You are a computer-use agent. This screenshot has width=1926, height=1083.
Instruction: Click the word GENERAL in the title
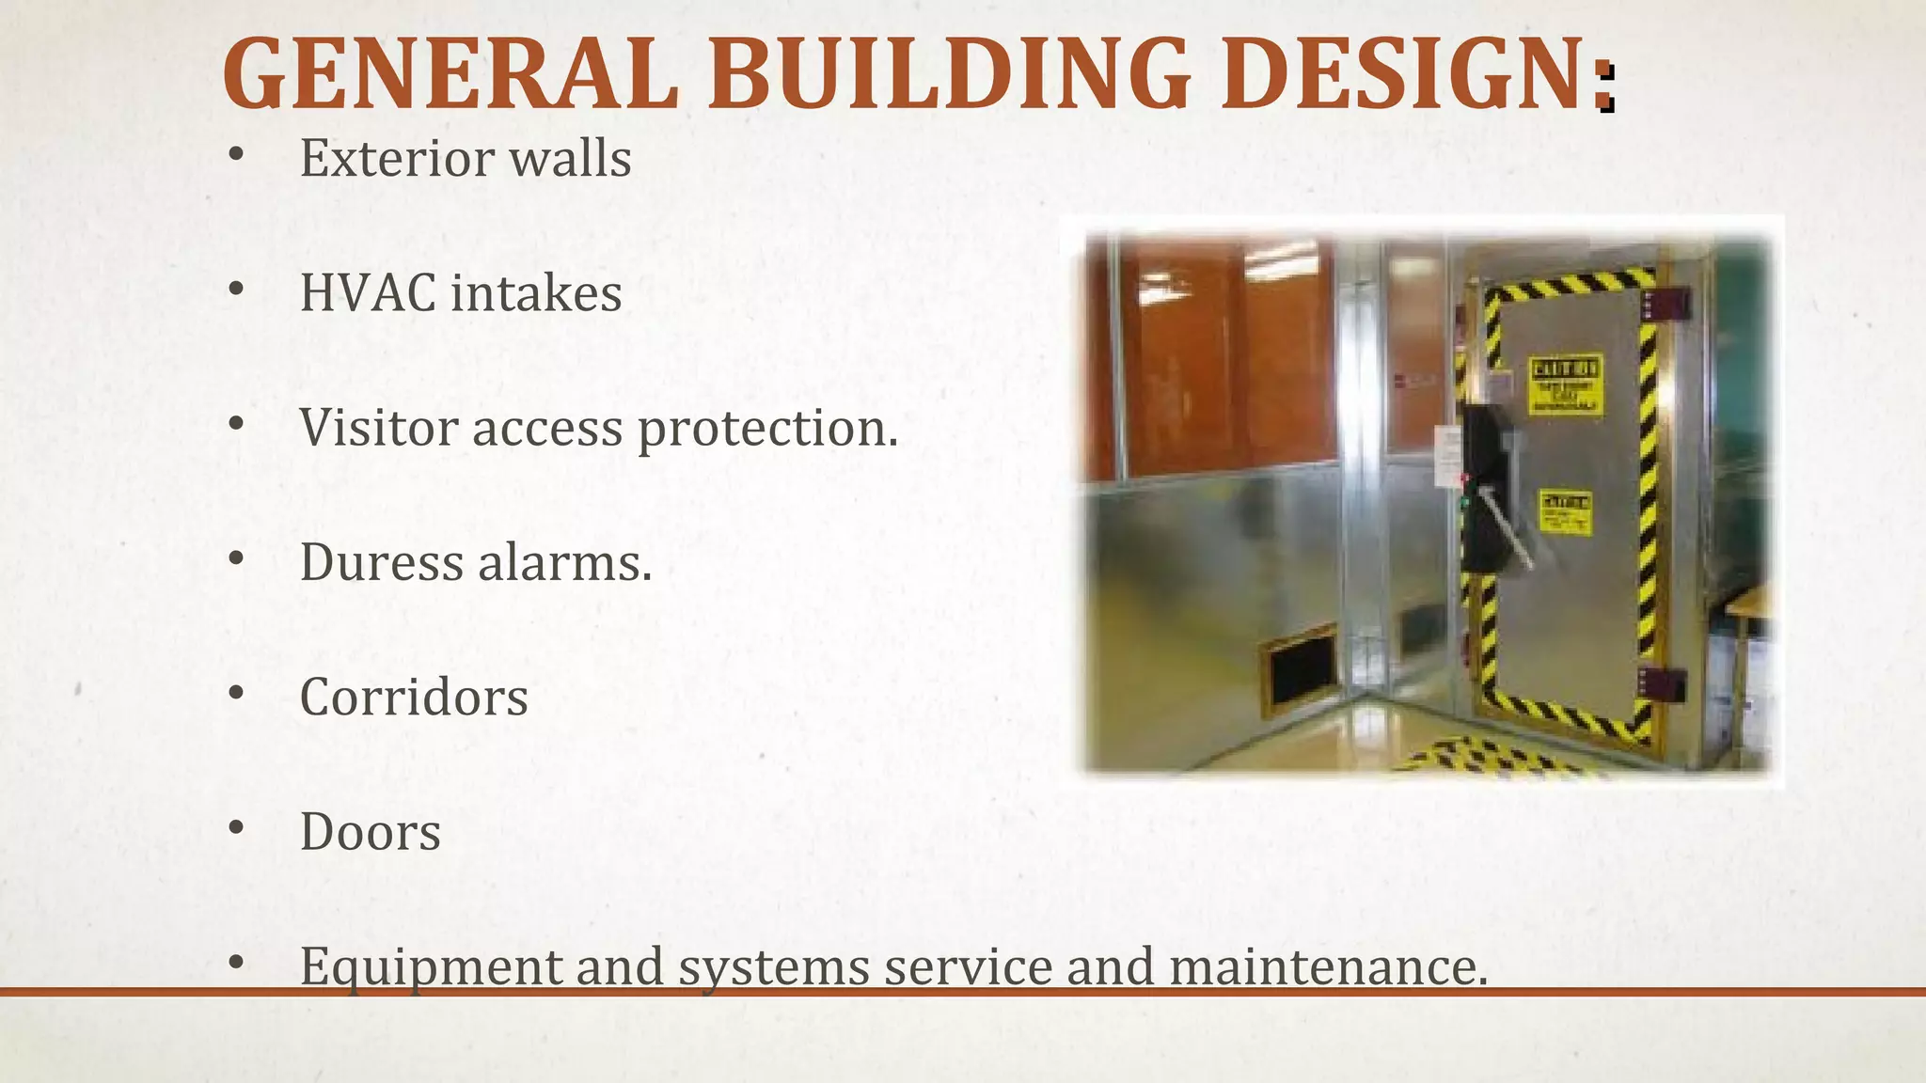(450, 73)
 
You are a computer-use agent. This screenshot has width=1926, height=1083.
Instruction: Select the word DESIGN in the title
(1405, 73)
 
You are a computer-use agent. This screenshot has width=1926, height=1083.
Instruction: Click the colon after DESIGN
(1606, 88)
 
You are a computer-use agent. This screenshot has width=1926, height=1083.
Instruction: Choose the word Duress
(380, 562)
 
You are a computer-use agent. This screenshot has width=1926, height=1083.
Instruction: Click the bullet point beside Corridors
(236, 694)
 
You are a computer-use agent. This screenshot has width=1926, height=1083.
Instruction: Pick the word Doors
(370, 832)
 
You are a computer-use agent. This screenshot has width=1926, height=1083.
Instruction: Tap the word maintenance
(1328, 966)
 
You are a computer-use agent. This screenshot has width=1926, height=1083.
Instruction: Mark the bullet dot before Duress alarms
(236, 559)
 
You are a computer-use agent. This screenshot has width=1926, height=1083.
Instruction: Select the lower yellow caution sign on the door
(1564, 512)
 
